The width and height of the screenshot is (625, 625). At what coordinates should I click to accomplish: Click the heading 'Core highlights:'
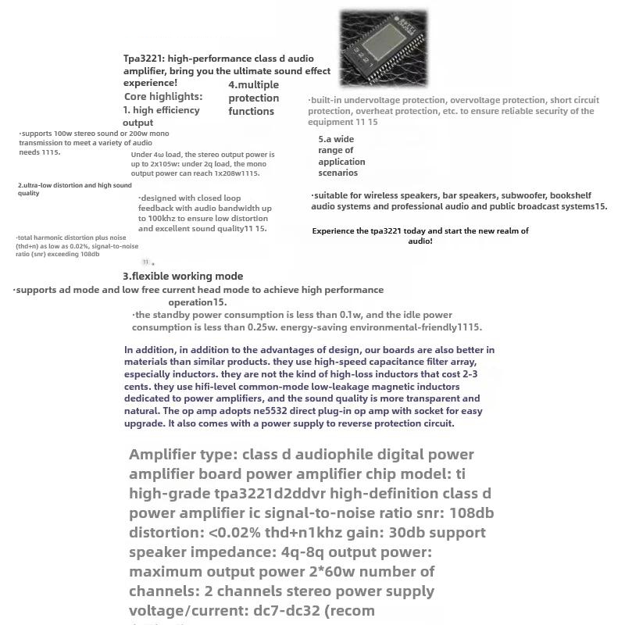[162, 97]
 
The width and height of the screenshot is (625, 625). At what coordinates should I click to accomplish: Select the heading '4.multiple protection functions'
[253, 98]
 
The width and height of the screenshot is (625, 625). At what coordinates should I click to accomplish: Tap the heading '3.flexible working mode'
[183, 276]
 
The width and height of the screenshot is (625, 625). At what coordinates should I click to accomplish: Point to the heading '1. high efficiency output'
[161, 116]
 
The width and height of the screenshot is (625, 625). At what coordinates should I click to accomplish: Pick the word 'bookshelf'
[570, 195]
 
